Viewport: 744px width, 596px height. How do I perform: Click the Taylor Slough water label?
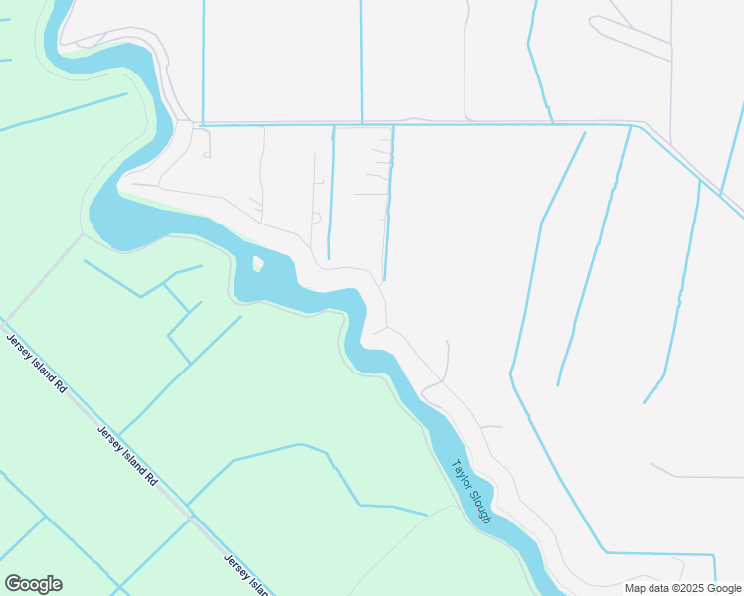pos(471,491)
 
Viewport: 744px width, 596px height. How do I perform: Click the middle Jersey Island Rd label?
pos(127,455)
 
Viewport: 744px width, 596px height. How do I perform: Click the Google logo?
pos(33,584)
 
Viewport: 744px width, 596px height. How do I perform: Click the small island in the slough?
pos(258,264)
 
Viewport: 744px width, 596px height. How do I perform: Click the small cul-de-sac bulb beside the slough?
pos(316,217)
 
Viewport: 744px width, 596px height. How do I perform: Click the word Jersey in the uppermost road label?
pos(17,345)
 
